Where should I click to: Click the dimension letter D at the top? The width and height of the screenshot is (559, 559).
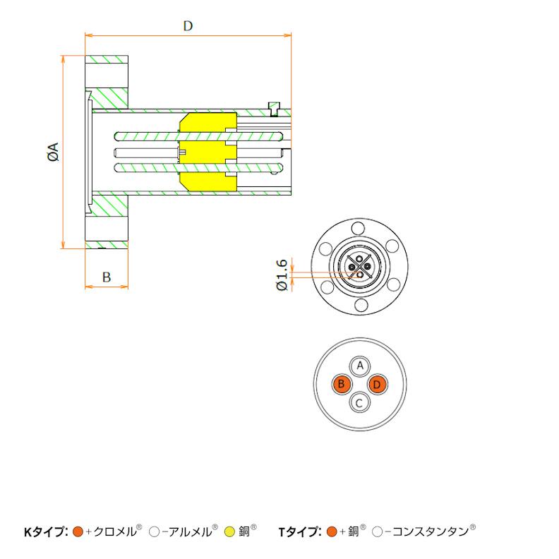point(188,26)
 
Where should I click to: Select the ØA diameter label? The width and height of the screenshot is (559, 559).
point(53,152)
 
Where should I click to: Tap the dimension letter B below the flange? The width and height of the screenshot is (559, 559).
point(106,277)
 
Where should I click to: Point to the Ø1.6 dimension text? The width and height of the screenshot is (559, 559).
point(282,275)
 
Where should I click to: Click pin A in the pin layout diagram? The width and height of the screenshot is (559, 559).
point(361,366)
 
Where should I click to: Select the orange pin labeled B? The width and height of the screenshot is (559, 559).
point(342,385)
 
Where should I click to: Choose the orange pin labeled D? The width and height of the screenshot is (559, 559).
point(379,385)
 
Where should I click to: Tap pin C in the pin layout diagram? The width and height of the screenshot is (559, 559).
point(361,403)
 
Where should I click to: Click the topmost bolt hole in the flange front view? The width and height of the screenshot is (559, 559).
point(359,229)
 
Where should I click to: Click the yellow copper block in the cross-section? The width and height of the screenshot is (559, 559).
point(207,151)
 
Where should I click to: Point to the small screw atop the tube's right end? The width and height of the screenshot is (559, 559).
point(275,107)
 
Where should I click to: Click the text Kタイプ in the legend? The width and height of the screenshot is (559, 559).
point(45,531)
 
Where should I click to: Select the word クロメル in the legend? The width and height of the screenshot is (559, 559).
point(114,531)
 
